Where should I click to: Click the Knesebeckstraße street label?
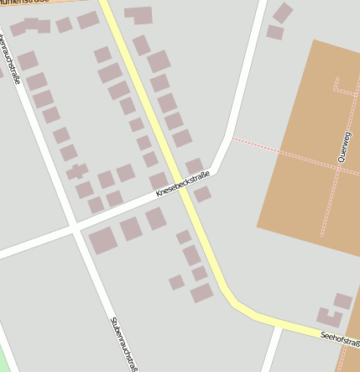pyautogui.click(x=182, y=186)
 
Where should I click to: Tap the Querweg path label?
pyautogui.click(x=343, y=146)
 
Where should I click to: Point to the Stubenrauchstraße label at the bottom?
pyautogui.click(x=123, y=343)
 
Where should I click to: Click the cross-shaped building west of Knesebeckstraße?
pyautogui.click(x=77, y=171)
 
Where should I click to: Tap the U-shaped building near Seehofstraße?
pyautogui.click(x=329, y=317)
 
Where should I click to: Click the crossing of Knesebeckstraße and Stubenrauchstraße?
pyautogui.click(x=76, y=228)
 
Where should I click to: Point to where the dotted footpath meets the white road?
pyautogui.click(x=233, y=138)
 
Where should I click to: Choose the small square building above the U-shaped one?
pyautogui.click(x=342, y=301)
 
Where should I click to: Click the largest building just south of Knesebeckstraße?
pyautogui.click(x=103, y=240)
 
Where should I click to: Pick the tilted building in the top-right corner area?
pyautogui.click(x=283, y=13)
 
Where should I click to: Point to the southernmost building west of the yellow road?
pyautogui.click(x=201, y=292)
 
